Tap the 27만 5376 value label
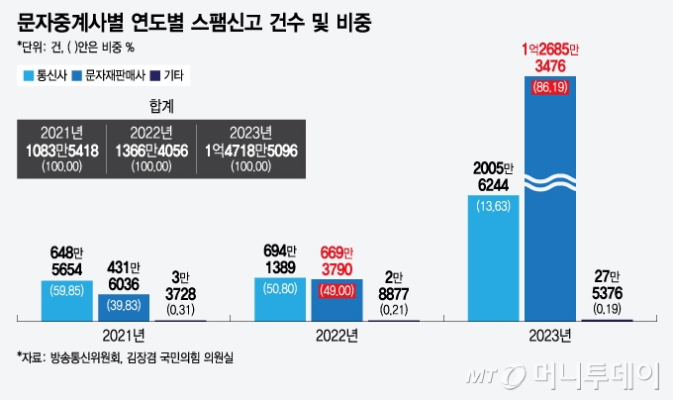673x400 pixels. (607, 284)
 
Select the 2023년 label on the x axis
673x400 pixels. (550, 335)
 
